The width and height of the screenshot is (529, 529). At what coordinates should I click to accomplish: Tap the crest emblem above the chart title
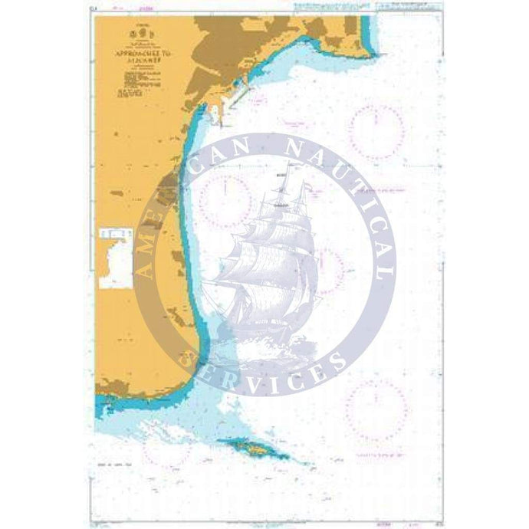tap(140, 33)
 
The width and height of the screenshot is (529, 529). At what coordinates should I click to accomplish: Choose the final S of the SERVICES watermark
tap(336, 358)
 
